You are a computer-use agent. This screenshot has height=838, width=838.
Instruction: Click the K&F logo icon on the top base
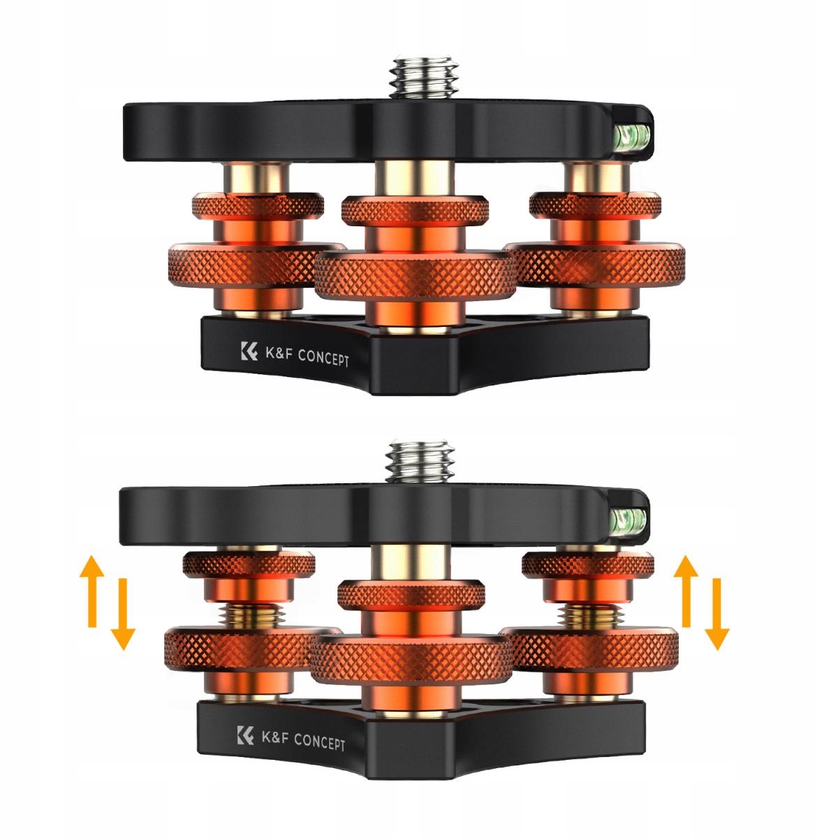click(249, 351)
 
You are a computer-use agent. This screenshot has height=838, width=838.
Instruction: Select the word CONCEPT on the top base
click(323, 358)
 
